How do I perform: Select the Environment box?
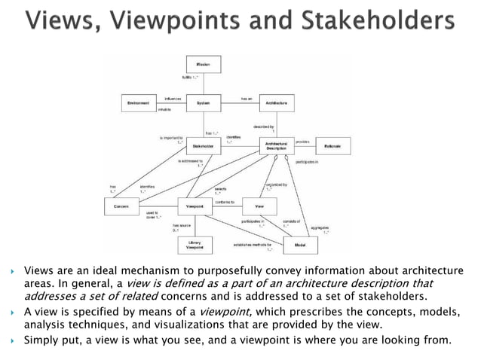click(x=139, y=102)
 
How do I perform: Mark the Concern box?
click(x=121, y=205)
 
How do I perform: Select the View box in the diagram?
click(x=259, y=205)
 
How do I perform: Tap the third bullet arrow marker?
click(x=11, y=340)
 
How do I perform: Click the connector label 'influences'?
click(x=173, y=98)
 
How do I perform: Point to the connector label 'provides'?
click(x=302, y=141)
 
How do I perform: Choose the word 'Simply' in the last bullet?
click(x=42, y=340)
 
